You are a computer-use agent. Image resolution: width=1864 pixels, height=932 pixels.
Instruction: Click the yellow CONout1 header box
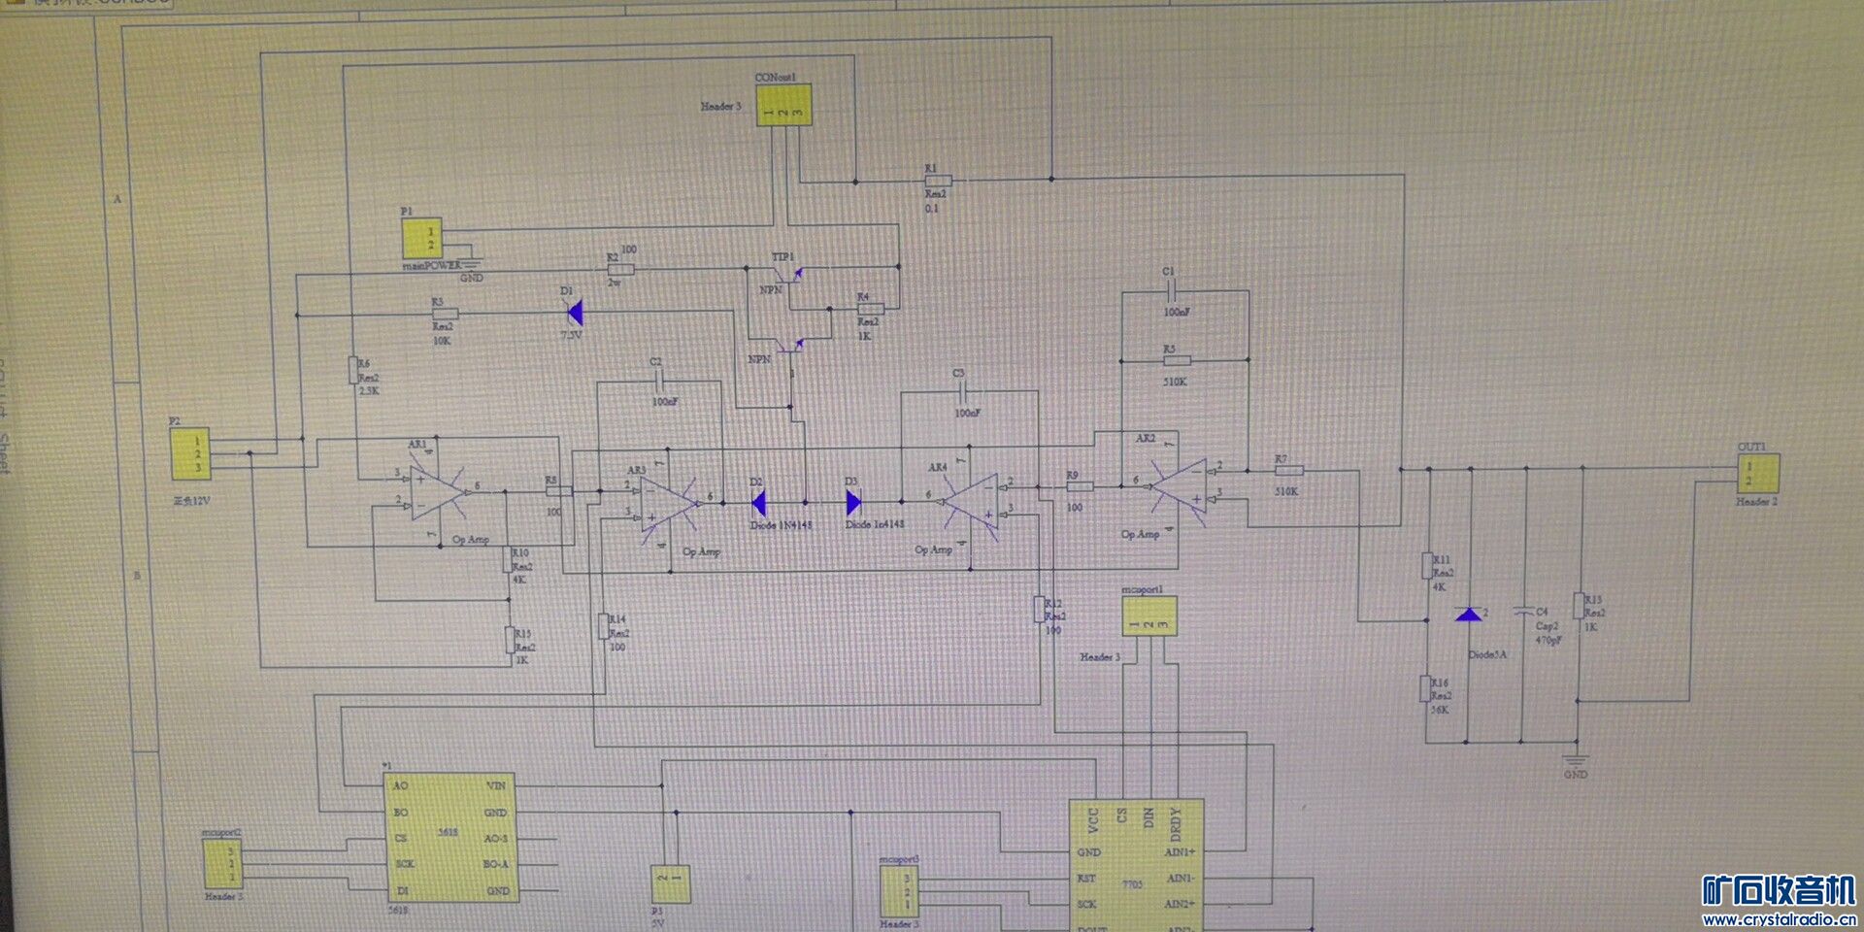[x=783, y=105]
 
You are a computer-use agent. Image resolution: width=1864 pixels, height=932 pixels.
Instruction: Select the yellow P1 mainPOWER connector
[x=421, y=238]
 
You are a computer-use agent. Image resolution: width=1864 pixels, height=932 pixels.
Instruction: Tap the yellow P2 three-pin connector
[x=190, y=454]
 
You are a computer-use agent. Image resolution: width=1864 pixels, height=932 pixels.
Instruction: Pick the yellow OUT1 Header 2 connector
[x=1758, y=474]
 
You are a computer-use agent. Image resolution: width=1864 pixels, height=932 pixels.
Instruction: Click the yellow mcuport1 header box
[x=1149, y=616]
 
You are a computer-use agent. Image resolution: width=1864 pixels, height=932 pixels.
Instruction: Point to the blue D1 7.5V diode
[x=575, y=313]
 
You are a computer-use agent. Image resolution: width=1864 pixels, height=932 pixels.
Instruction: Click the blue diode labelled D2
[x=759, y=502]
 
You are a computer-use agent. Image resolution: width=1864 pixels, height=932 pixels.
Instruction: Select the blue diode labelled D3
[x=853, y=502]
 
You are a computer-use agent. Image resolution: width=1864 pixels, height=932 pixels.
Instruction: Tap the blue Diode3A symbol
[x=1468, y=615]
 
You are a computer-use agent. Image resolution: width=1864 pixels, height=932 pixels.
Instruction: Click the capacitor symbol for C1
[x=1170, y=291]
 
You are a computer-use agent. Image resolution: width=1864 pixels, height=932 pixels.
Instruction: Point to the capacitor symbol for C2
[x=657, y=382]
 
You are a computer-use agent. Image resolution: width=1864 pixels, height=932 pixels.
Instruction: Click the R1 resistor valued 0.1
[x=937, y=181]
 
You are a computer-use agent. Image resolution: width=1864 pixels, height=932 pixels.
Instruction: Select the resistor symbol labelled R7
[x=1288, y=470]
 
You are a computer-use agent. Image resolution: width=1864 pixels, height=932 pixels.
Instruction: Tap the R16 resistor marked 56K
[x=1426, y=688]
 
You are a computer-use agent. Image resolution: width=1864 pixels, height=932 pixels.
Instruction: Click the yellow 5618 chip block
[x=449, y=837]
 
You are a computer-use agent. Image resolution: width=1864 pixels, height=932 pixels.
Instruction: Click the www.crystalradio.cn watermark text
[x=1779, y=919]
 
